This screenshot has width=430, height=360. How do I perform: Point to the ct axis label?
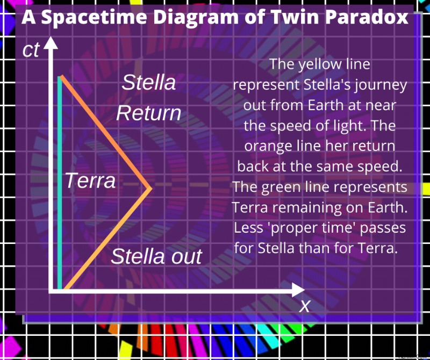[x=31, y=50]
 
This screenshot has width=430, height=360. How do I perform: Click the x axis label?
[x=304, y=306]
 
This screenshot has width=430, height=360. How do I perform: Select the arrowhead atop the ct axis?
[x=51, y=43]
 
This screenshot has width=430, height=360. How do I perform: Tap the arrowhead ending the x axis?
[x=298, y=290]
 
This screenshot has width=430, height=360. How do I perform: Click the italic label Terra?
[x=90, y=181]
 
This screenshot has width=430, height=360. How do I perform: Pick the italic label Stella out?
[x=156, y=256]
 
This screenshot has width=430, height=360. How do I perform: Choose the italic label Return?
[x=148, y=113]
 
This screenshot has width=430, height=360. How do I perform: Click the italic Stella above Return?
[x=149, y=82]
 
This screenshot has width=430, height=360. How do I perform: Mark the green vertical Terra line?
[x=60, y=183]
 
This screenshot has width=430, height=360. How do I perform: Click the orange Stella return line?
[x=106, y=132]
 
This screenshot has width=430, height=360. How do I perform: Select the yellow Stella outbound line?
[x=107, y=238]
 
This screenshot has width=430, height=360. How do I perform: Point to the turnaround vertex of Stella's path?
[x=150, y=188]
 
